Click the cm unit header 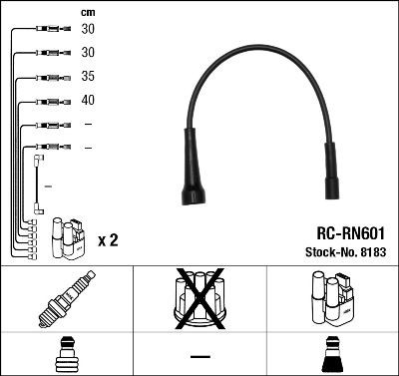pyautogui.click(x=88, y=11)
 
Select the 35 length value pyautogui.click(x=89, y=75)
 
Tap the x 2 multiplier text pyautogui.click(x=109, y=240)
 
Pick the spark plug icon pyautogui.click(x=65, y=300)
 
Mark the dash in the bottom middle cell pyautogui.click(x=200, y=356)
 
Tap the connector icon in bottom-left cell pyautogui.click(x=65, y=354)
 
